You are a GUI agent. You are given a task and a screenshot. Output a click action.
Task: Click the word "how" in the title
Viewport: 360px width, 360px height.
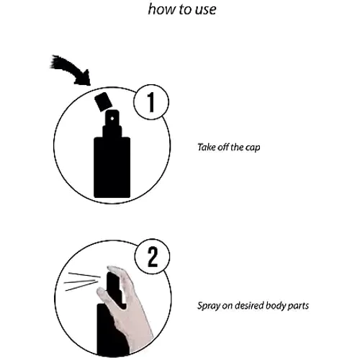[161, 9]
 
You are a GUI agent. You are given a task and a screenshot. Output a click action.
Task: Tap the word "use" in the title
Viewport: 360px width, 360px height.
[205, 10]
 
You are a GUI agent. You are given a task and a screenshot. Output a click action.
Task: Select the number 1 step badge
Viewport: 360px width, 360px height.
[151, 102]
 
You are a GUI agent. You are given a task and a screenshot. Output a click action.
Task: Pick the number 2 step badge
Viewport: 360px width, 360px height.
[153, 257]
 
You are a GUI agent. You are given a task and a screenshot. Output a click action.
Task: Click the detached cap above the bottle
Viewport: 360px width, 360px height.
[104, 102]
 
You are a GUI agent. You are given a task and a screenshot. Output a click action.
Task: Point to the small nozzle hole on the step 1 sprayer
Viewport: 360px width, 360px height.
[112, 118]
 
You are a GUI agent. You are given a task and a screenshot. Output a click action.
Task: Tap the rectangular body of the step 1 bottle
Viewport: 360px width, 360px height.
[112, 167]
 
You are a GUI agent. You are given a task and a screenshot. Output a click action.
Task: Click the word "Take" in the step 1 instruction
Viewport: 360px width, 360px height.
[207, 147]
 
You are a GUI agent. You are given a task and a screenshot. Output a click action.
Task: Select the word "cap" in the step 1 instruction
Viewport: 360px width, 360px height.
[253, 148]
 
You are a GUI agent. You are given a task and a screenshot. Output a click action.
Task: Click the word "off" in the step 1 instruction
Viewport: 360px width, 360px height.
[223, 147]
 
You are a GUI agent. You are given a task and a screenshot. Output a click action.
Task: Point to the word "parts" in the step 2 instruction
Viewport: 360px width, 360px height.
[298, 307]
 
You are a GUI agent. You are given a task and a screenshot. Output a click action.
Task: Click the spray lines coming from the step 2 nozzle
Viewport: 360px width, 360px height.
[81, 282]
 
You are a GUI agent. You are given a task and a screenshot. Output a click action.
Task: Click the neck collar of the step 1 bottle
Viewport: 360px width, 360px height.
[112, 131]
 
